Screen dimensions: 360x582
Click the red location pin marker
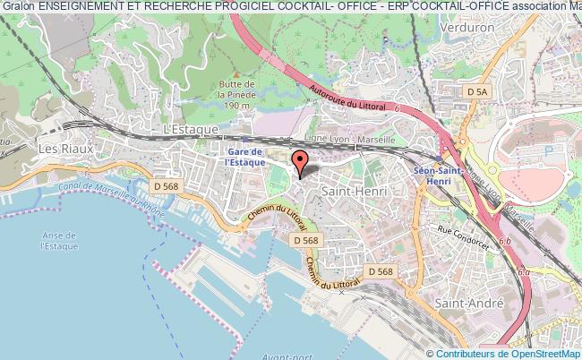301,162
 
